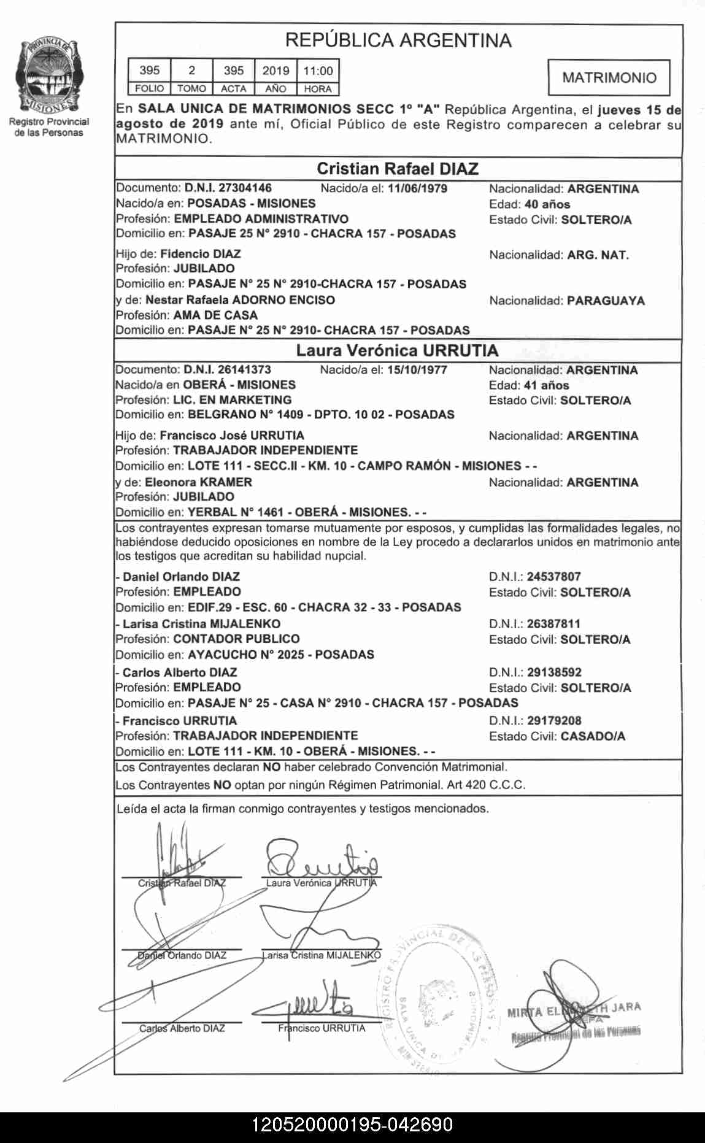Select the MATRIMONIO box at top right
(609, 77)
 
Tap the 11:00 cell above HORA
(318, 71)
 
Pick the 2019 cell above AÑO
(275, 71)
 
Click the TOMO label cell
(191, 89)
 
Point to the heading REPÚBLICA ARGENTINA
(398, 40)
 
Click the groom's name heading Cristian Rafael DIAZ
(398, 169)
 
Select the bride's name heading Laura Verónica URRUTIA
(398, 350)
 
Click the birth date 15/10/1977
(417, 370)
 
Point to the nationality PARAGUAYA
(606, 301)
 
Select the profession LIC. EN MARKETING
(233, 399)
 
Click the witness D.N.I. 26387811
(553, 623)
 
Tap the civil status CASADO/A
(593, 736)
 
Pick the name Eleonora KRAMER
(198, 482)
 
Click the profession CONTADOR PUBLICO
(236, 639)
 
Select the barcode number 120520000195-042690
(352, 1125)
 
